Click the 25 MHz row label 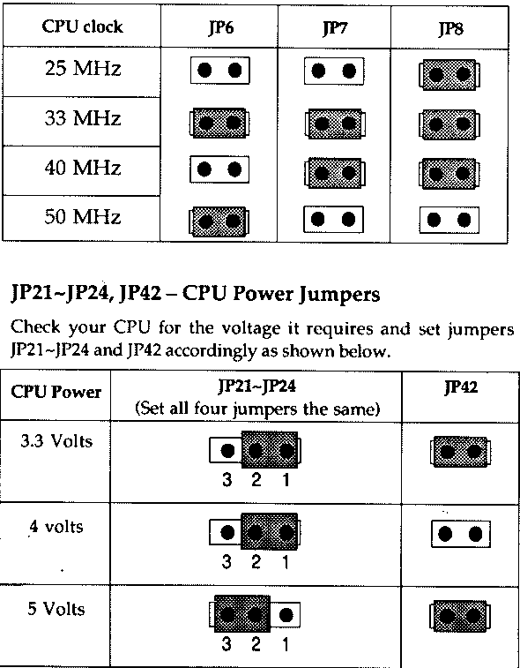(83, 69)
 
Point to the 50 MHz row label (83, 216)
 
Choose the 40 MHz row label (83, 167)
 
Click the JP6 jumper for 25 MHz (219, 71)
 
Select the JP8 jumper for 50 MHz (449, 220)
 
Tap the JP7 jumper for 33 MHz (334, 124)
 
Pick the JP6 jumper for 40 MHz (219, 169)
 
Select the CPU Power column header (56, 392)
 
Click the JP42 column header (461, 387)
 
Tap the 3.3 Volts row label (56, 441)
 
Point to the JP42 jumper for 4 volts (460, 534)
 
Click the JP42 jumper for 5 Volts (460, 615)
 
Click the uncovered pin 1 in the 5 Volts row (286, 615)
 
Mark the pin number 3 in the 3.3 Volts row (227, 480)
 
